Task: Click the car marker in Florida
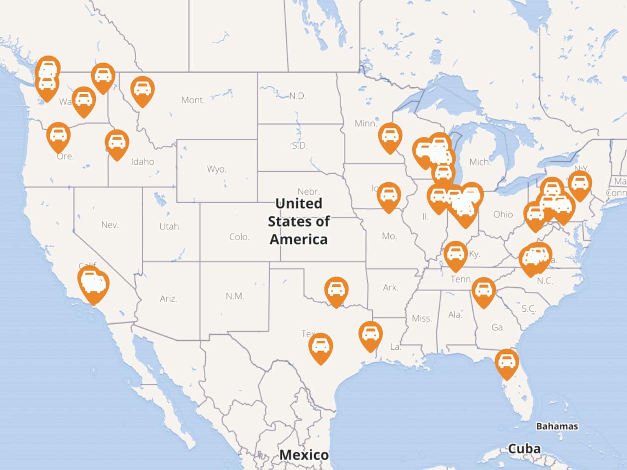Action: tap(507, 361)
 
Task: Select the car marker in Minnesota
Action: tap(390, 135)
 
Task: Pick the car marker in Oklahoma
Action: tap(336, 290)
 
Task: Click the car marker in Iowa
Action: tap(389, 195)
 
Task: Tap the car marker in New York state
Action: tap(580, 184)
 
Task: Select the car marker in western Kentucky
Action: tap(455, 254)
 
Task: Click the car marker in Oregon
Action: tap(58, 135)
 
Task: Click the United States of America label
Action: tap(298, 221)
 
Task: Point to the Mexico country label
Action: tap(304, 454)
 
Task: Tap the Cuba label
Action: tap(524, 449)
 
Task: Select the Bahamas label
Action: tap(557, 426)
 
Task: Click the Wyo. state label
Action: tap(216, 169)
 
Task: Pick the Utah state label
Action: tap(169, 226)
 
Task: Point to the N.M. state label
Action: tap(235, 296)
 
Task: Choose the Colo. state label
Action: tap(239, 237)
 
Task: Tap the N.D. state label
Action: tap(298, 96)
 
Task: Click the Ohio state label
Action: tap(503, 215)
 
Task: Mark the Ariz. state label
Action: tap(168, 299)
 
